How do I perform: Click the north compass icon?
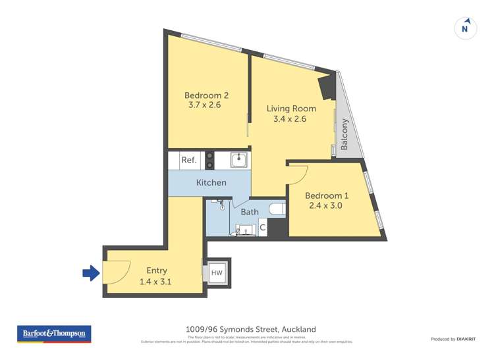tap(466, 28)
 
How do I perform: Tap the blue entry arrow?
tap(90, 272)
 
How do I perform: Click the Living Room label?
tap(290, 109)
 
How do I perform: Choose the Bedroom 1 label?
tap(327, 195)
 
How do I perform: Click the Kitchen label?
tap(211, 182)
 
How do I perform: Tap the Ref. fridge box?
tap(188, 160)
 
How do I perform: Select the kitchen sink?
tap(238, 159)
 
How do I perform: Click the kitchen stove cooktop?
tap(210, 160)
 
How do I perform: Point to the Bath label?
tap(250, 212)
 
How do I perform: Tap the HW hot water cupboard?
tap(216, 272)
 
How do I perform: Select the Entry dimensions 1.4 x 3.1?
tap(157, 281)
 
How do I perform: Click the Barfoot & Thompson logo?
tap(53, 334)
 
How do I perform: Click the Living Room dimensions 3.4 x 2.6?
tap(290, 119)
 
